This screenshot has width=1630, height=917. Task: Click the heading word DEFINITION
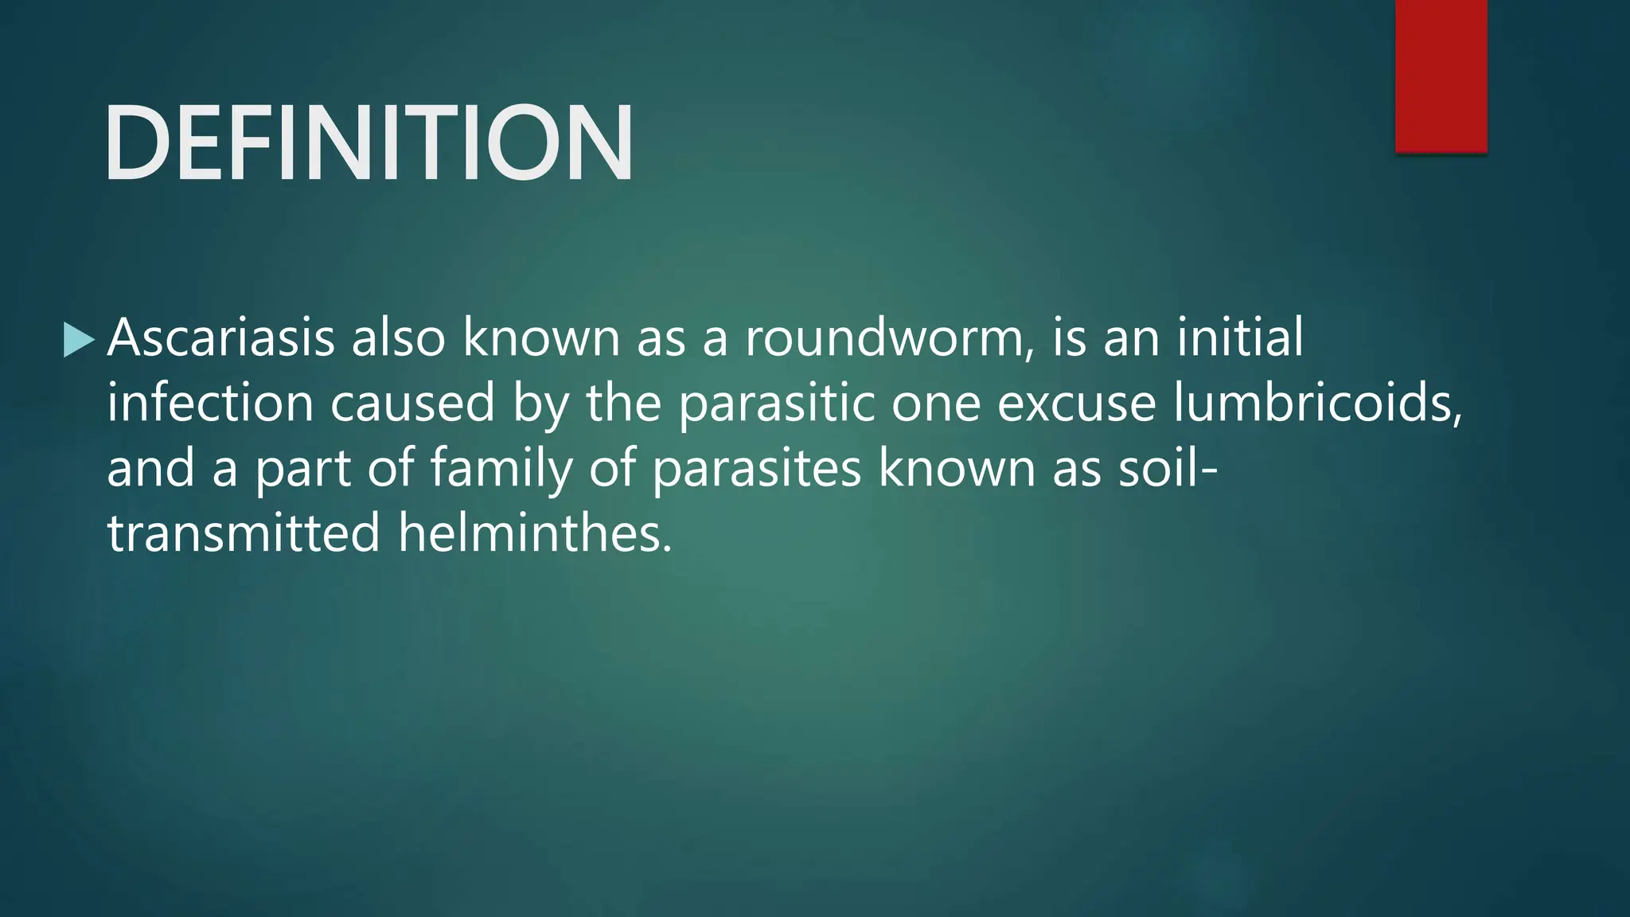(369, 143)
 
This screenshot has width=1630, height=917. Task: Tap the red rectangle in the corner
(1441, 76)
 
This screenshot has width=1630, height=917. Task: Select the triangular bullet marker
(78, 339)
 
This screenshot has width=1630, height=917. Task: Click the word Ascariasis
(221, 338)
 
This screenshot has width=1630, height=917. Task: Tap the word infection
(210, 403)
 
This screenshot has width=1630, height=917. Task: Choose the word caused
(412, 403)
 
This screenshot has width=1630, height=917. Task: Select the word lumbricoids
(1316, 403)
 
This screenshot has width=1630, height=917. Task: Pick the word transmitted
(244, 533)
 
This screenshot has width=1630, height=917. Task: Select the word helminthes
(535, 533)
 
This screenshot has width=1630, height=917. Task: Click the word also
(398, 338)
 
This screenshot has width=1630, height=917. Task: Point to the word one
(936, 404)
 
